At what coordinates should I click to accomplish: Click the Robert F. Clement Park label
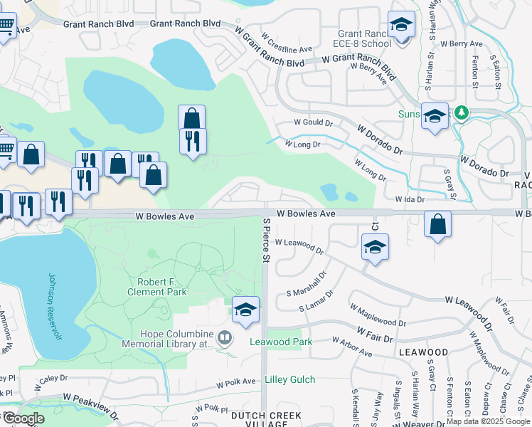coord(156,286)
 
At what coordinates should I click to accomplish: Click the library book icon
coord(225,337)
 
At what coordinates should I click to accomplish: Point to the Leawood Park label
coord(281,342)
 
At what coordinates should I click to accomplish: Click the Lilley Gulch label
coord(289,379)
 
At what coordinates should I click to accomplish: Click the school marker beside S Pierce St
coord(245,310)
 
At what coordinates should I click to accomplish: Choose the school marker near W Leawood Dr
coord(375,248)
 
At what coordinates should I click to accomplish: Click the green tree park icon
coord(461,112)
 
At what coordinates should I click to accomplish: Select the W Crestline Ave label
coord(287,43)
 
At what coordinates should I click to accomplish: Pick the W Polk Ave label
coord(236,383)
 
